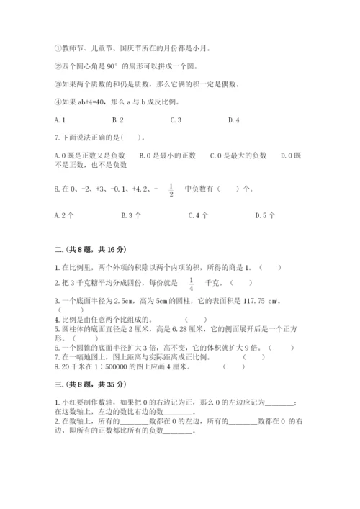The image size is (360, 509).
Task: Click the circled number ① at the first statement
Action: tap(57, 49)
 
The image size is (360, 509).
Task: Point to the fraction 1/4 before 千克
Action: tap(192, 284)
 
